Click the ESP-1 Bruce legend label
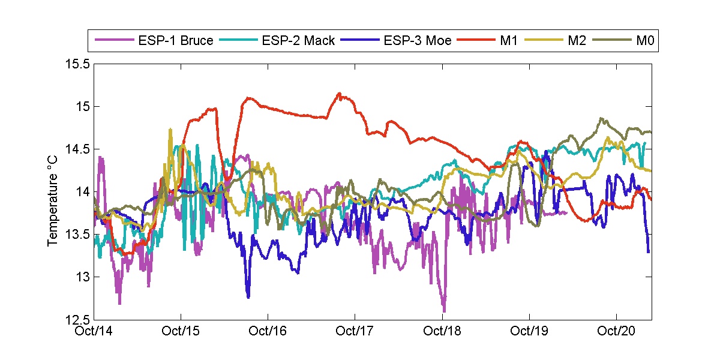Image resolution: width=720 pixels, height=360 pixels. [x=175, y=41]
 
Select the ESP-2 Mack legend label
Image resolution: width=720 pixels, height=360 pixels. [x=298, y=41]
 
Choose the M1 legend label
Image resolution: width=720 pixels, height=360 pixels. [x=509, y=41]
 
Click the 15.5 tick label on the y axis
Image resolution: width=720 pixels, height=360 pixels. [x=77, y=64]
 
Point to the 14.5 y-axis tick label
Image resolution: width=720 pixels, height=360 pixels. [x=77, y=149]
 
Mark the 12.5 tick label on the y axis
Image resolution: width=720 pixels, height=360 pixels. [x=77, y=320]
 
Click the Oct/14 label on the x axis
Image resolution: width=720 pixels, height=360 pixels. [x=96, y=331]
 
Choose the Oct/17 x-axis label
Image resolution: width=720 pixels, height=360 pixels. [x=355, y=331]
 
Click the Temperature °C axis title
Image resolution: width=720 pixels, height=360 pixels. [x=53, y=192]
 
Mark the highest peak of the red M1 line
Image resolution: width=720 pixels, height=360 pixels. [x=340, y=93]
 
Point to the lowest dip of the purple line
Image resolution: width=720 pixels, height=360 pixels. [x=444, y=311]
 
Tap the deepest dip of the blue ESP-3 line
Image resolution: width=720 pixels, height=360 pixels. [x=248, y=296]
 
